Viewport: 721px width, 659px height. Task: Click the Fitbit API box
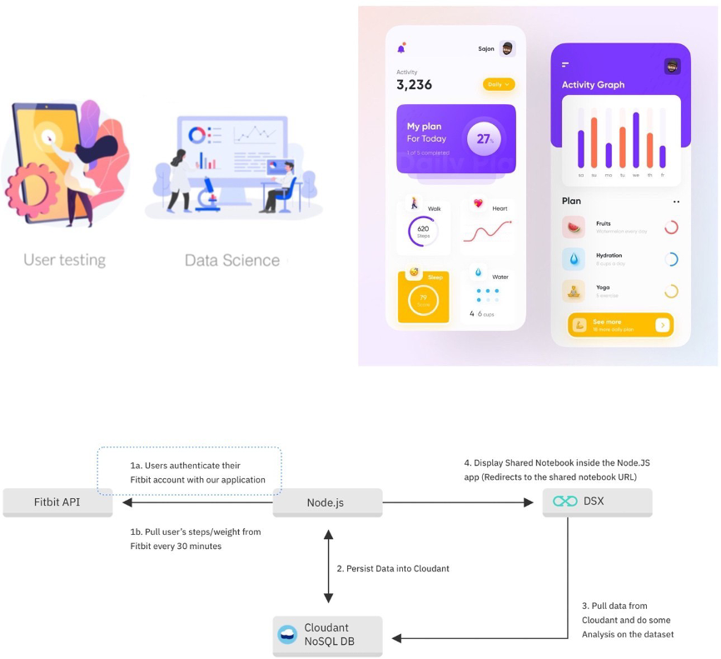coord(57,502)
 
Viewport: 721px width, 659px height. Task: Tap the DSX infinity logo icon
coord(565,502)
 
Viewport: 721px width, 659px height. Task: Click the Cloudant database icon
coord(287,634)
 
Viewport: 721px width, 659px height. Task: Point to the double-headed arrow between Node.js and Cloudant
coord(328,568)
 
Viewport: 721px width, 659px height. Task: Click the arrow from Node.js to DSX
coord(458,502)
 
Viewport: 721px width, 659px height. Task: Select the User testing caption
coord(64,260)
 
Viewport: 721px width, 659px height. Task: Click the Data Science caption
coord(232,260)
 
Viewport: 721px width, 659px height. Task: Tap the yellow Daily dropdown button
coord(499,84)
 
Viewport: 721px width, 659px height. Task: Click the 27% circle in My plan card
coord(484,139)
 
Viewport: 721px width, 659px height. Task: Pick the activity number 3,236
coord(414,85)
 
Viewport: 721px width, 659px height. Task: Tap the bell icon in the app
coord(401,48)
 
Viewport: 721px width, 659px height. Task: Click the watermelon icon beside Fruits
coord(574,227)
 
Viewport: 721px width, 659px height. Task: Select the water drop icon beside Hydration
coord(574,259)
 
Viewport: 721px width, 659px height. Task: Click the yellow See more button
coord(620,325)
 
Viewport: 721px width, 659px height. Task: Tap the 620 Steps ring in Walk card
coord(423,231)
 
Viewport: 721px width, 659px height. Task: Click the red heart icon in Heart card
coord(478,203)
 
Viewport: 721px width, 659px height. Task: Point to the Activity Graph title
coord(593,85)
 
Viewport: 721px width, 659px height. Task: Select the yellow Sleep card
coord(423,297)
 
